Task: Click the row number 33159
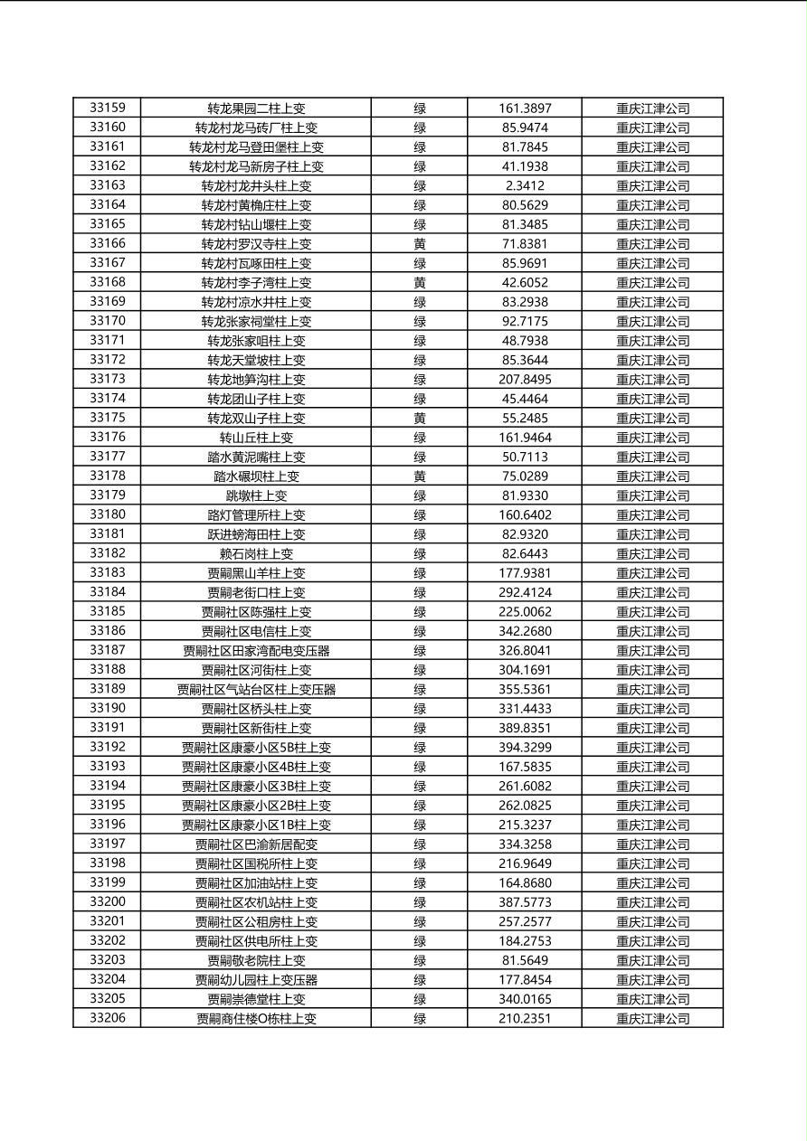click(x=108, y=108)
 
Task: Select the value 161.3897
click(x=525, y=108)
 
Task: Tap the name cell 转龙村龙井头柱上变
click(x=256, y=185)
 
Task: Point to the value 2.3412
click(x=525, y=185)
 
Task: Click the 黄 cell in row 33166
click(x=420, y=244)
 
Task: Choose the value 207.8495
click(x=525, y=380)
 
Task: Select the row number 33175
click(x=108, y=418)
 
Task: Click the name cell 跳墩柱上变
click(x=256, y=495)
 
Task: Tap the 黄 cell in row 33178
click(x=420, y=476)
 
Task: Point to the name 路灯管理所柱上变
click(x=256, y=515)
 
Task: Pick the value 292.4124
click(x=525, y=593)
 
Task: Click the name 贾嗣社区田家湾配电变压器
click(x=256, y=651)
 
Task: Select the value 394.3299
click(x=525, y=748)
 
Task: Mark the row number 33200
click(x=108, y=901)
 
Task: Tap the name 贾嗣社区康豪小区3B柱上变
click(x=256, y=787)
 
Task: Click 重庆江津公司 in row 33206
click(x=652, y=1019)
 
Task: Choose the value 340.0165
click(x=525, y=999)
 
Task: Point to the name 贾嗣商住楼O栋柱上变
click(x=256, y=1019)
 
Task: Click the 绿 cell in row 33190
click(x=420, y=709)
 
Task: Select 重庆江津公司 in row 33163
click(x=652, y=185)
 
